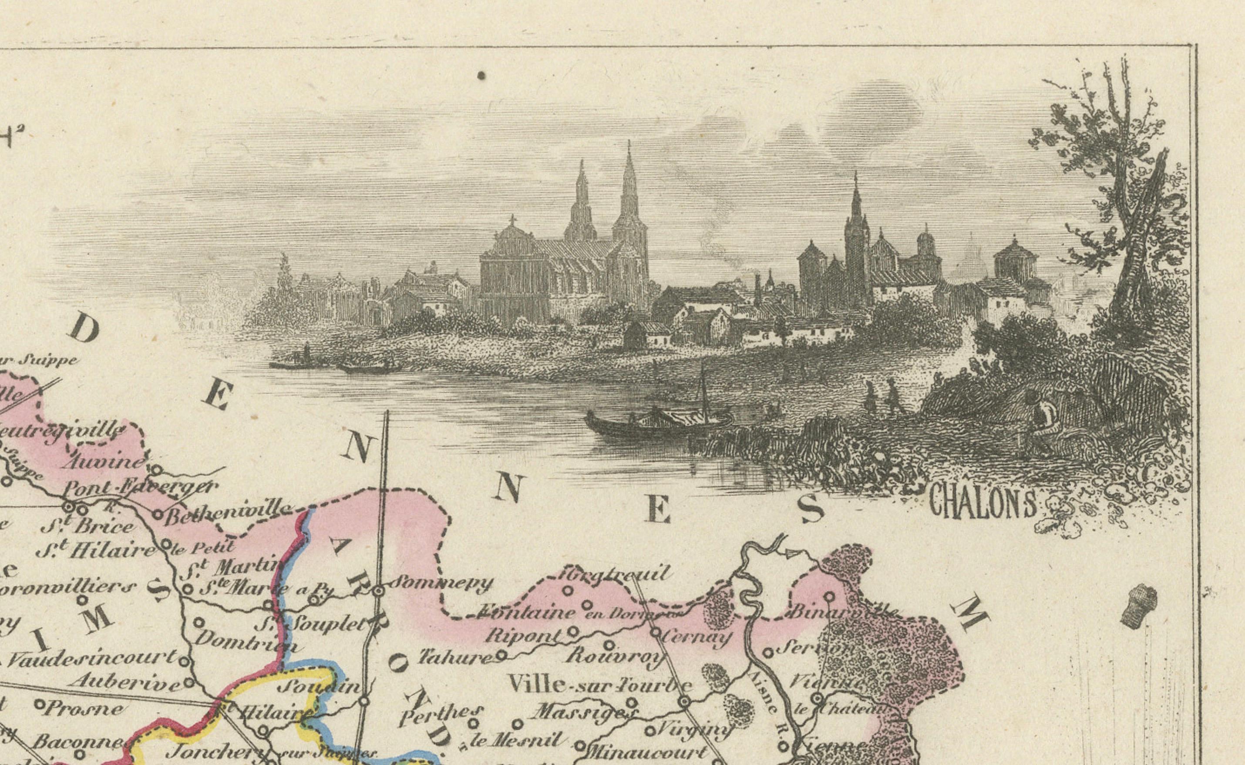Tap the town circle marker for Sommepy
(379, 591)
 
